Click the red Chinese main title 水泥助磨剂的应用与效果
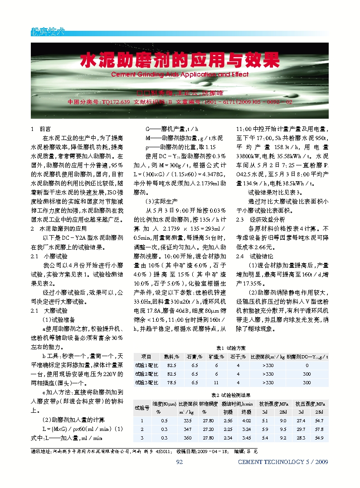tap(180, 59)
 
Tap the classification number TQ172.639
tap(116, 102)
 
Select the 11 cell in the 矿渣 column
tap(217, 382)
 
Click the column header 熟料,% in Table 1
tap(171, 357)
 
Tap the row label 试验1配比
tap(146, 365)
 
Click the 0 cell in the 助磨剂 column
tap(306, 365)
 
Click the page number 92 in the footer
tap(179, 462)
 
